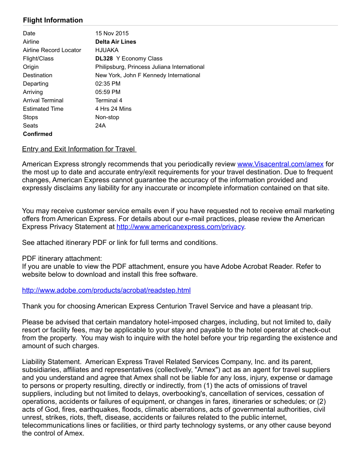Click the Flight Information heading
53,20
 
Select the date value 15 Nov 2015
112,33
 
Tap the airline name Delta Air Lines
116,41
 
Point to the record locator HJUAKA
107,50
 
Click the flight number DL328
104,58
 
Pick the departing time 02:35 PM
108,83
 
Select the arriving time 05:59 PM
108,92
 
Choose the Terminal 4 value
109,100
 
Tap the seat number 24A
101,125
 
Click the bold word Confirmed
37,134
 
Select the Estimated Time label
43,109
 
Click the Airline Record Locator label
52,50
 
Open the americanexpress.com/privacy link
180,227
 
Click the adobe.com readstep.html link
106,290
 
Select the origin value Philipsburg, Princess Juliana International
150,67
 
